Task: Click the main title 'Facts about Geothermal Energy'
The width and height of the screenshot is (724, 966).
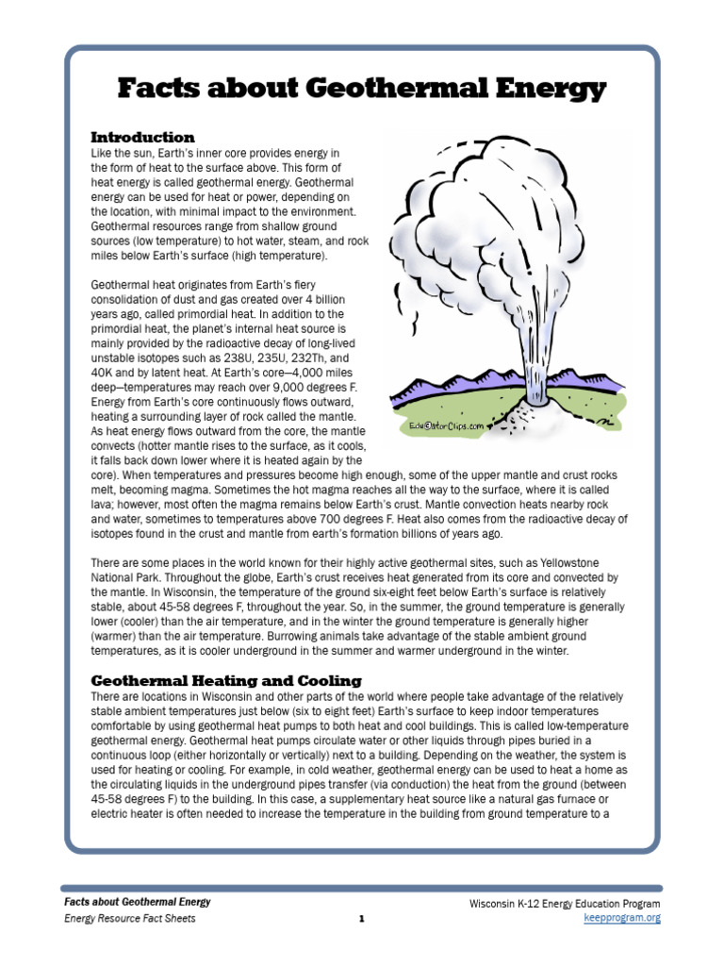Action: pos(362,90)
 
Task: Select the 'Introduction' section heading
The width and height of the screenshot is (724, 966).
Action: pos(142,138)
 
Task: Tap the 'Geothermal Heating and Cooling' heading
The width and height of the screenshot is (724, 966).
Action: pos(225,680)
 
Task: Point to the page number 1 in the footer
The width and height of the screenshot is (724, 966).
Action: pos(361,919)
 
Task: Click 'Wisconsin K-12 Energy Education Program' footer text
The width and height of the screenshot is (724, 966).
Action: pos(565,903)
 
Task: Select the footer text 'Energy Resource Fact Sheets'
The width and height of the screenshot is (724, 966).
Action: pos(130,918)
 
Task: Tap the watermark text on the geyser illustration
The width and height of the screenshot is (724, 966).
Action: pos(446,425)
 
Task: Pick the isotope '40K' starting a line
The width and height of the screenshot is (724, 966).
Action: pos(102,373)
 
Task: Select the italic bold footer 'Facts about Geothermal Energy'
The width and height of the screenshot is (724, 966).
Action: pos(138,902)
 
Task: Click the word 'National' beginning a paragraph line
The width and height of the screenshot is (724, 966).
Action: pos(115,577)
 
